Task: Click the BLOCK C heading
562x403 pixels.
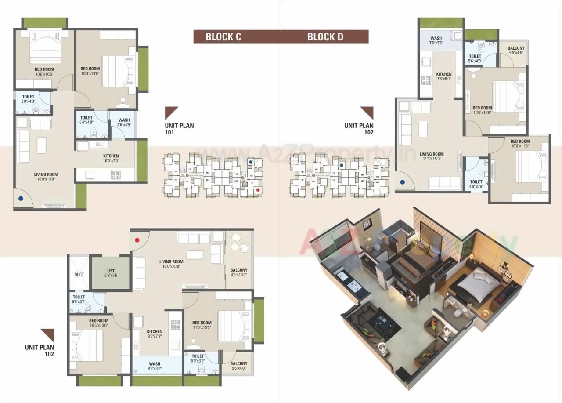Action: coord(223,36)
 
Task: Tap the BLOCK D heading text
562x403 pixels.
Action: coord(325,36)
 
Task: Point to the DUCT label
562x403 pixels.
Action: coord(79,275)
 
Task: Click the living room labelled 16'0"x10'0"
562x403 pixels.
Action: coord(171,264)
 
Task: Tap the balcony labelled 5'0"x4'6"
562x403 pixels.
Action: coord(516,50)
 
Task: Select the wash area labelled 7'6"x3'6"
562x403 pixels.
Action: coord(436,40)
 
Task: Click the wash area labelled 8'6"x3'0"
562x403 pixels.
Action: coord(155,366)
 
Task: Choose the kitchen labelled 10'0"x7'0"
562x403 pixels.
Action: coord(111,158)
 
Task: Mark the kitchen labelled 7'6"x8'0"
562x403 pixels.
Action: coord(444,76)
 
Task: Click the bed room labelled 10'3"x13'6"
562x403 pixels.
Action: coord(90,71)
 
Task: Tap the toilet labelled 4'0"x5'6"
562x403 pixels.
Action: coord(476,184)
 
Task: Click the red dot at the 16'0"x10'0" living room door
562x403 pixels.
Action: coord(137,240)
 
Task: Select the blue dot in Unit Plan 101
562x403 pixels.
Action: coord(21,199)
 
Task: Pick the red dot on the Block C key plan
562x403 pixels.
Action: coord(258,190)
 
